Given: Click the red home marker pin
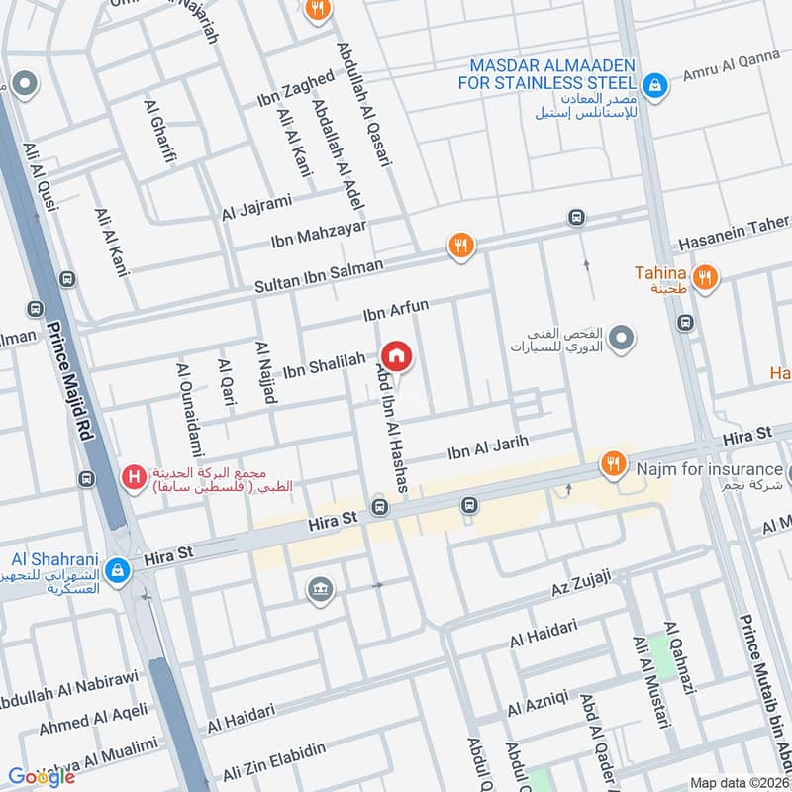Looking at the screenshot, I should coord(396,355).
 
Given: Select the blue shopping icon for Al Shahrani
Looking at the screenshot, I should coord(118,570).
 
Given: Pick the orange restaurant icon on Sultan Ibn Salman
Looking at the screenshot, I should coord(460,245).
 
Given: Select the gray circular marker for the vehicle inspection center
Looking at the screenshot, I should coord(621,340).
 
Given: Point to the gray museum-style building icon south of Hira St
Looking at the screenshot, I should coord(320,590).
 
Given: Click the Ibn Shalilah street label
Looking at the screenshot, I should coord(324,365).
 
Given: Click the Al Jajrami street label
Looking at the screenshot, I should coord(256,207).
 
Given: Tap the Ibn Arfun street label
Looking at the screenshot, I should coord(395,314).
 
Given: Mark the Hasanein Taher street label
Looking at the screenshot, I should coord(733,236).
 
